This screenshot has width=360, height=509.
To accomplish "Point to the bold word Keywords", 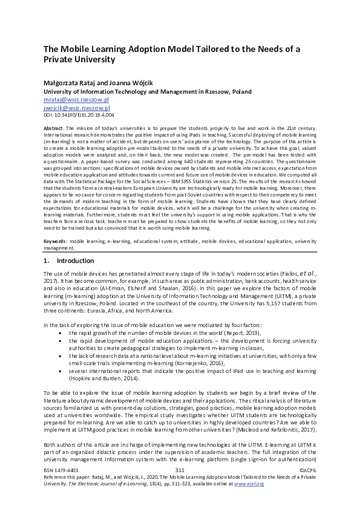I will click(55, 241).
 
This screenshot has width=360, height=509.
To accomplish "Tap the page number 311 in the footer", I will click(179, 487).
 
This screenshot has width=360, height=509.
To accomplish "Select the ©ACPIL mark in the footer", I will click(308, 487).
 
